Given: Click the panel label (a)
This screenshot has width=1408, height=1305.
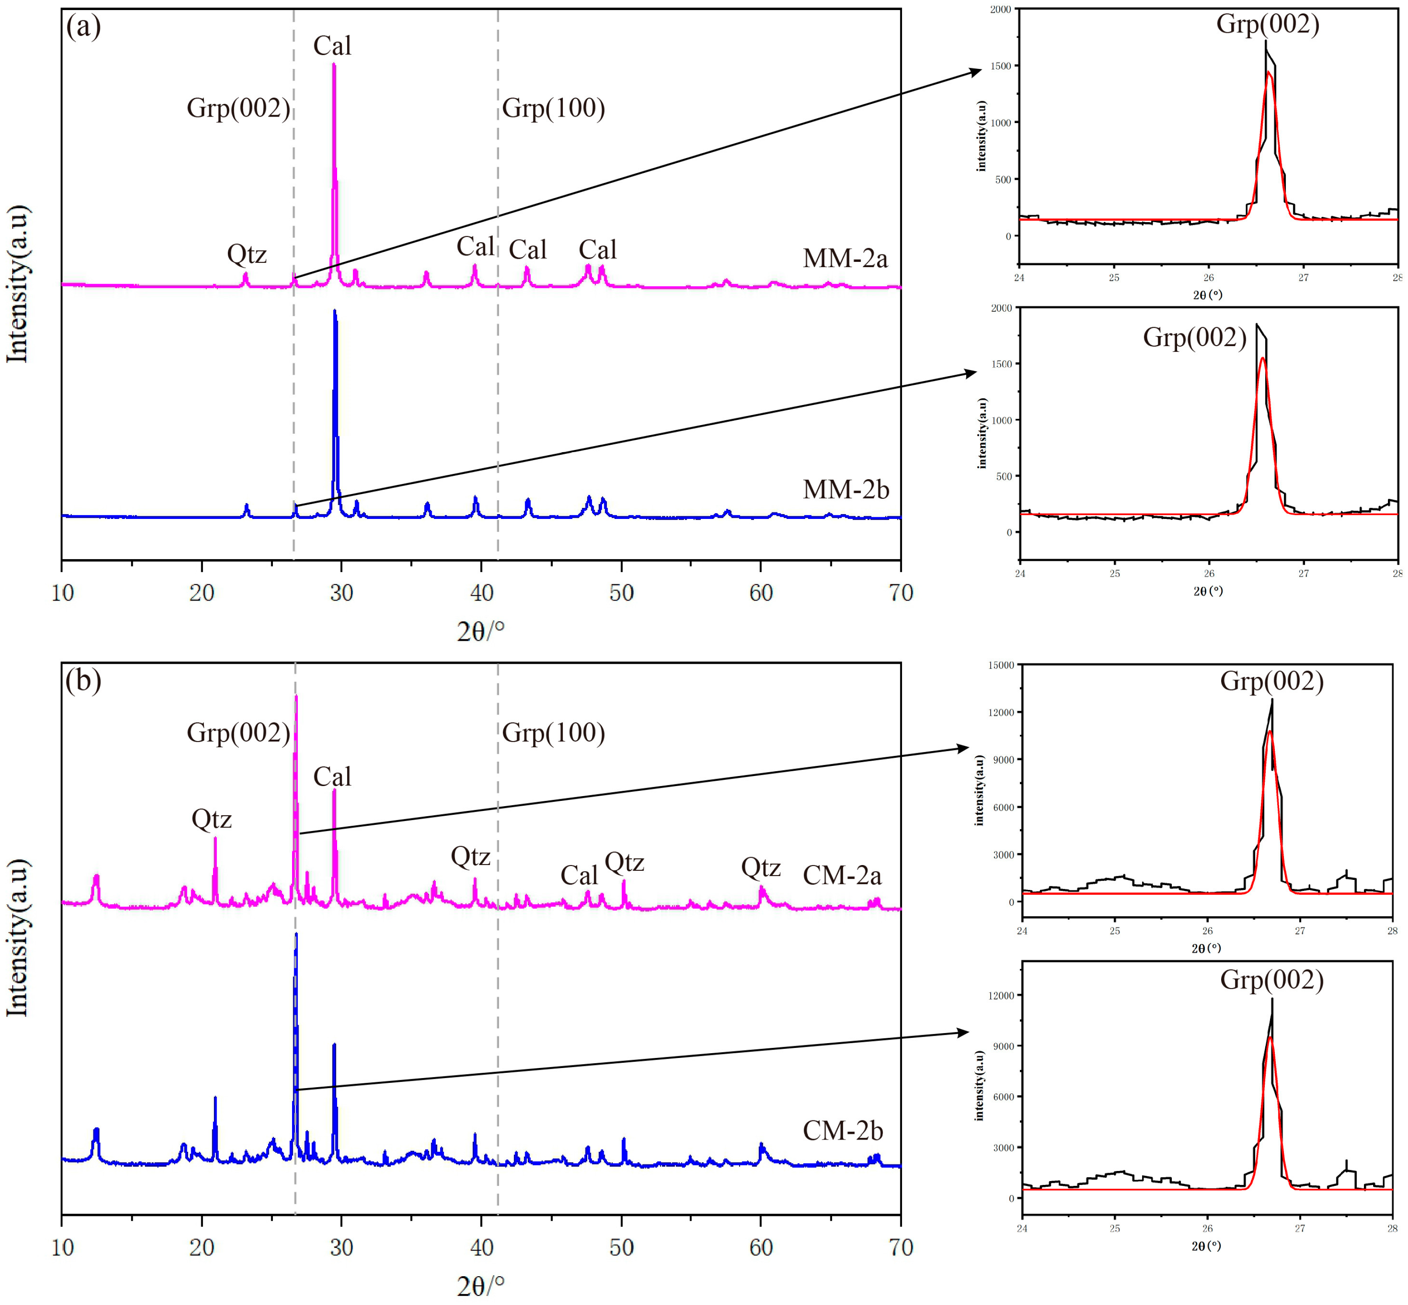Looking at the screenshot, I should pyautogui.click(x=83, y=27).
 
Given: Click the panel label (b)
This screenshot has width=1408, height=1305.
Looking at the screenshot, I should pyautogui.click(x=83, y=681).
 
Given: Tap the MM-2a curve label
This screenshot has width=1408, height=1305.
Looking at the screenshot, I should pyautogui.click(x=844, y=258).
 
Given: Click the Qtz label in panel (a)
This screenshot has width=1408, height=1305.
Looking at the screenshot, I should pyautogui.click(x=247, y=254).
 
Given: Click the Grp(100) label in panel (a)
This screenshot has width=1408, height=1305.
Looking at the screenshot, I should pyautogui.click(x=553, y=108).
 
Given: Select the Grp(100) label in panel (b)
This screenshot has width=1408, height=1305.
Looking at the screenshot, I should pyautogui.click(x=553, y=733).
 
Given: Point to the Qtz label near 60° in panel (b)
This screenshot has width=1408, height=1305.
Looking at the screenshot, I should pyautogui.click(x=760, y=867).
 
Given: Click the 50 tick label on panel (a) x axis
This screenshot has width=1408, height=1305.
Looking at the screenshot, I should pyautogui.click(x=621, y=593).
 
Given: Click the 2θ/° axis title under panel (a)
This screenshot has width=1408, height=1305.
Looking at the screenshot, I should pyautogui.click(x=480, y=631).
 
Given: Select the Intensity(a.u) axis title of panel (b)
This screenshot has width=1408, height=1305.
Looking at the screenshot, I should pyautogui.click(x=17, y=938).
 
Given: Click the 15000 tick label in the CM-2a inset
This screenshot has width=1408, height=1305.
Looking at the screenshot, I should pyautogui.click(x=1000, y=665).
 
